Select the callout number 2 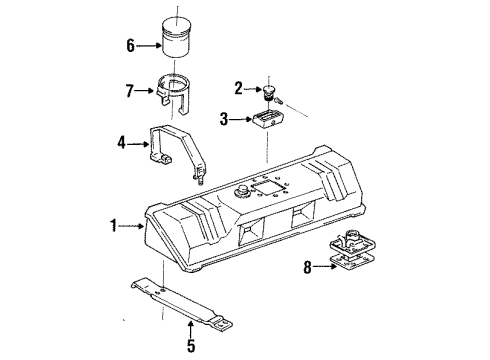coord(239,87)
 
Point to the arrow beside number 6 coord(148,43)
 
